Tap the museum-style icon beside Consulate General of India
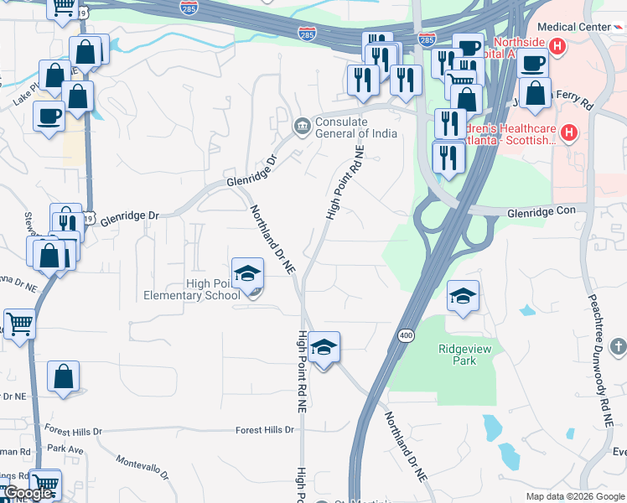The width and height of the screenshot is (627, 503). pyautogui.click(x=302, y=127)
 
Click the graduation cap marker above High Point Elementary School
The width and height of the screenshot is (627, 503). pyautogui.click(x=247, y=274)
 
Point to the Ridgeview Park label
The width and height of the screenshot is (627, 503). pyautogui.click(x=458, y=355)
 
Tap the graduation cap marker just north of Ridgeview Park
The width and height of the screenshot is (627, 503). pyautogui.click(x=462, y=296)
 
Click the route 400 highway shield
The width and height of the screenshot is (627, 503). pyautogui.click(x=406, y=335)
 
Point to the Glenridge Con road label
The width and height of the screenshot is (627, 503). pyautogui.click(x=541, y=213)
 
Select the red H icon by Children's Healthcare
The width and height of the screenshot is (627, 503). pyautogui.click(x=569, y=132)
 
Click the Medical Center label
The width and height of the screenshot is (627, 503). pyautogui.click(x=575, y=27)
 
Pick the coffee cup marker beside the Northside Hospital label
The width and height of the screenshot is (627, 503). pyautogui.click(x=532, y=62)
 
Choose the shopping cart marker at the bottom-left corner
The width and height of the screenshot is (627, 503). pyautogui.click(x=45, y=483)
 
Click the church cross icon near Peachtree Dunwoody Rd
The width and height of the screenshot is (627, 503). pyautogui.click(x=618, y=346)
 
